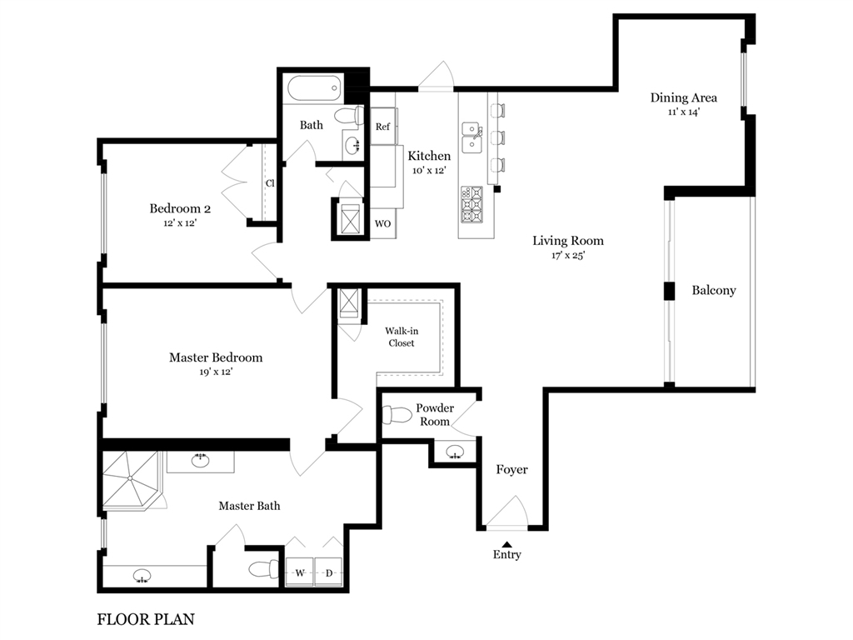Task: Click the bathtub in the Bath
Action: click(x=314, y=87)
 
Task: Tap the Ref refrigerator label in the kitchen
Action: click(x=382, y=127)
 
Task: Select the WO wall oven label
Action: click(x=382, y=223)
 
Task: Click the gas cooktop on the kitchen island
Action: click(x=471, y=205)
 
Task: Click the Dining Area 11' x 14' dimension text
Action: click(x=684, y=112)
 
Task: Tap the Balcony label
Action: click(x=714, y=290)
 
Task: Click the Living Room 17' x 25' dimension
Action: click(x=568, y=255)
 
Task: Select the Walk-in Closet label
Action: click(x=402, y=337)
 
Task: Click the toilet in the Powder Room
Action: click(x=397, y=415)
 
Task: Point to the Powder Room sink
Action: click(x=455, y=452)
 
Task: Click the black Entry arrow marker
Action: click(x=507, y=543)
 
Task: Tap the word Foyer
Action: click(x=512, y=469)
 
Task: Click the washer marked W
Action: click(x=300, y=572)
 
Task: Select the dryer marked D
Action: click(x=328, y=572)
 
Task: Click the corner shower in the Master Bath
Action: click(x=131, y=479)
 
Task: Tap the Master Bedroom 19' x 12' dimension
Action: click(x=216, y=372)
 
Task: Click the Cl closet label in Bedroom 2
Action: click(x=271, y=183)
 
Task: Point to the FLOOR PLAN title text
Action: click(x=146, y=619)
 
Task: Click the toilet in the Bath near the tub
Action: click(x=349, y=115)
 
